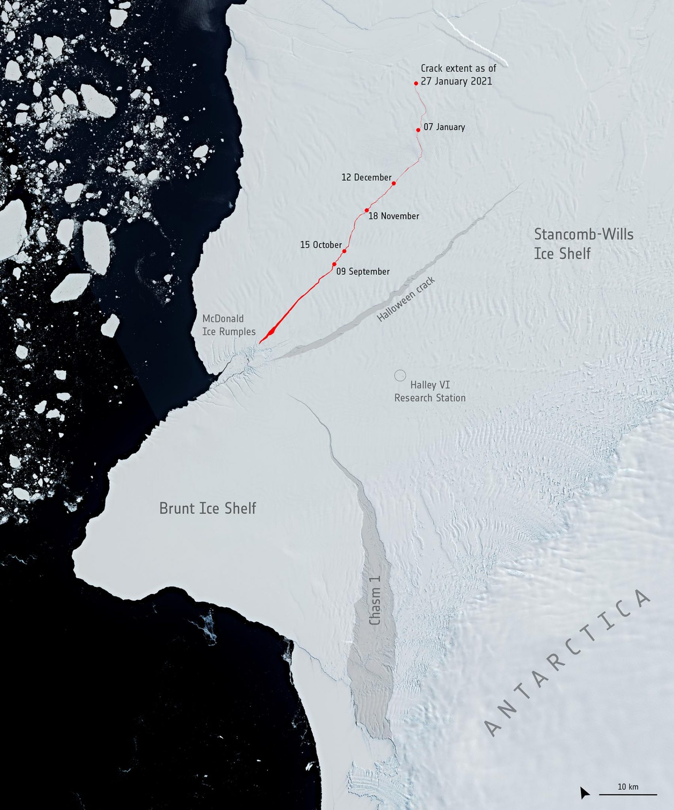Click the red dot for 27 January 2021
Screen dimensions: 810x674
416,83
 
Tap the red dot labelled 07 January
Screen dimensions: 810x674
418,130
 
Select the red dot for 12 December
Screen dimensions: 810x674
394,184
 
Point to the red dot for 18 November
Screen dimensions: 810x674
367,210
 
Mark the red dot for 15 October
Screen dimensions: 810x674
344,251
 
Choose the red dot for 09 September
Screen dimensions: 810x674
334,264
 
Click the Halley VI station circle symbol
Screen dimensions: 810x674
400,375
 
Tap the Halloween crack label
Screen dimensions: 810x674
406,299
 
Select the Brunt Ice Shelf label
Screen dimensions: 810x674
208,508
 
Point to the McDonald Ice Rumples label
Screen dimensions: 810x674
228,325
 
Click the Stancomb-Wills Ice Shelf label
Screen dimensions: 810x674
583,244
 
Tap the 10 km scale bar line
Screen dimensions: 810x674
628,794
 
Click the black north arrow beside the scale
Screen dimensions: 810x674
584,793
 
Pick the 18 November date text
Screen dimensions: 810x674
394,216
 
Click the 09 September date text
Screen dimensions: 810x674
363,272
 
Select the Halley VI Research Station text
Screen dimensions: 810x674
430,391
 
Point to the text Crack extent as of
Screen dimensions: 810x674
458,68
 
